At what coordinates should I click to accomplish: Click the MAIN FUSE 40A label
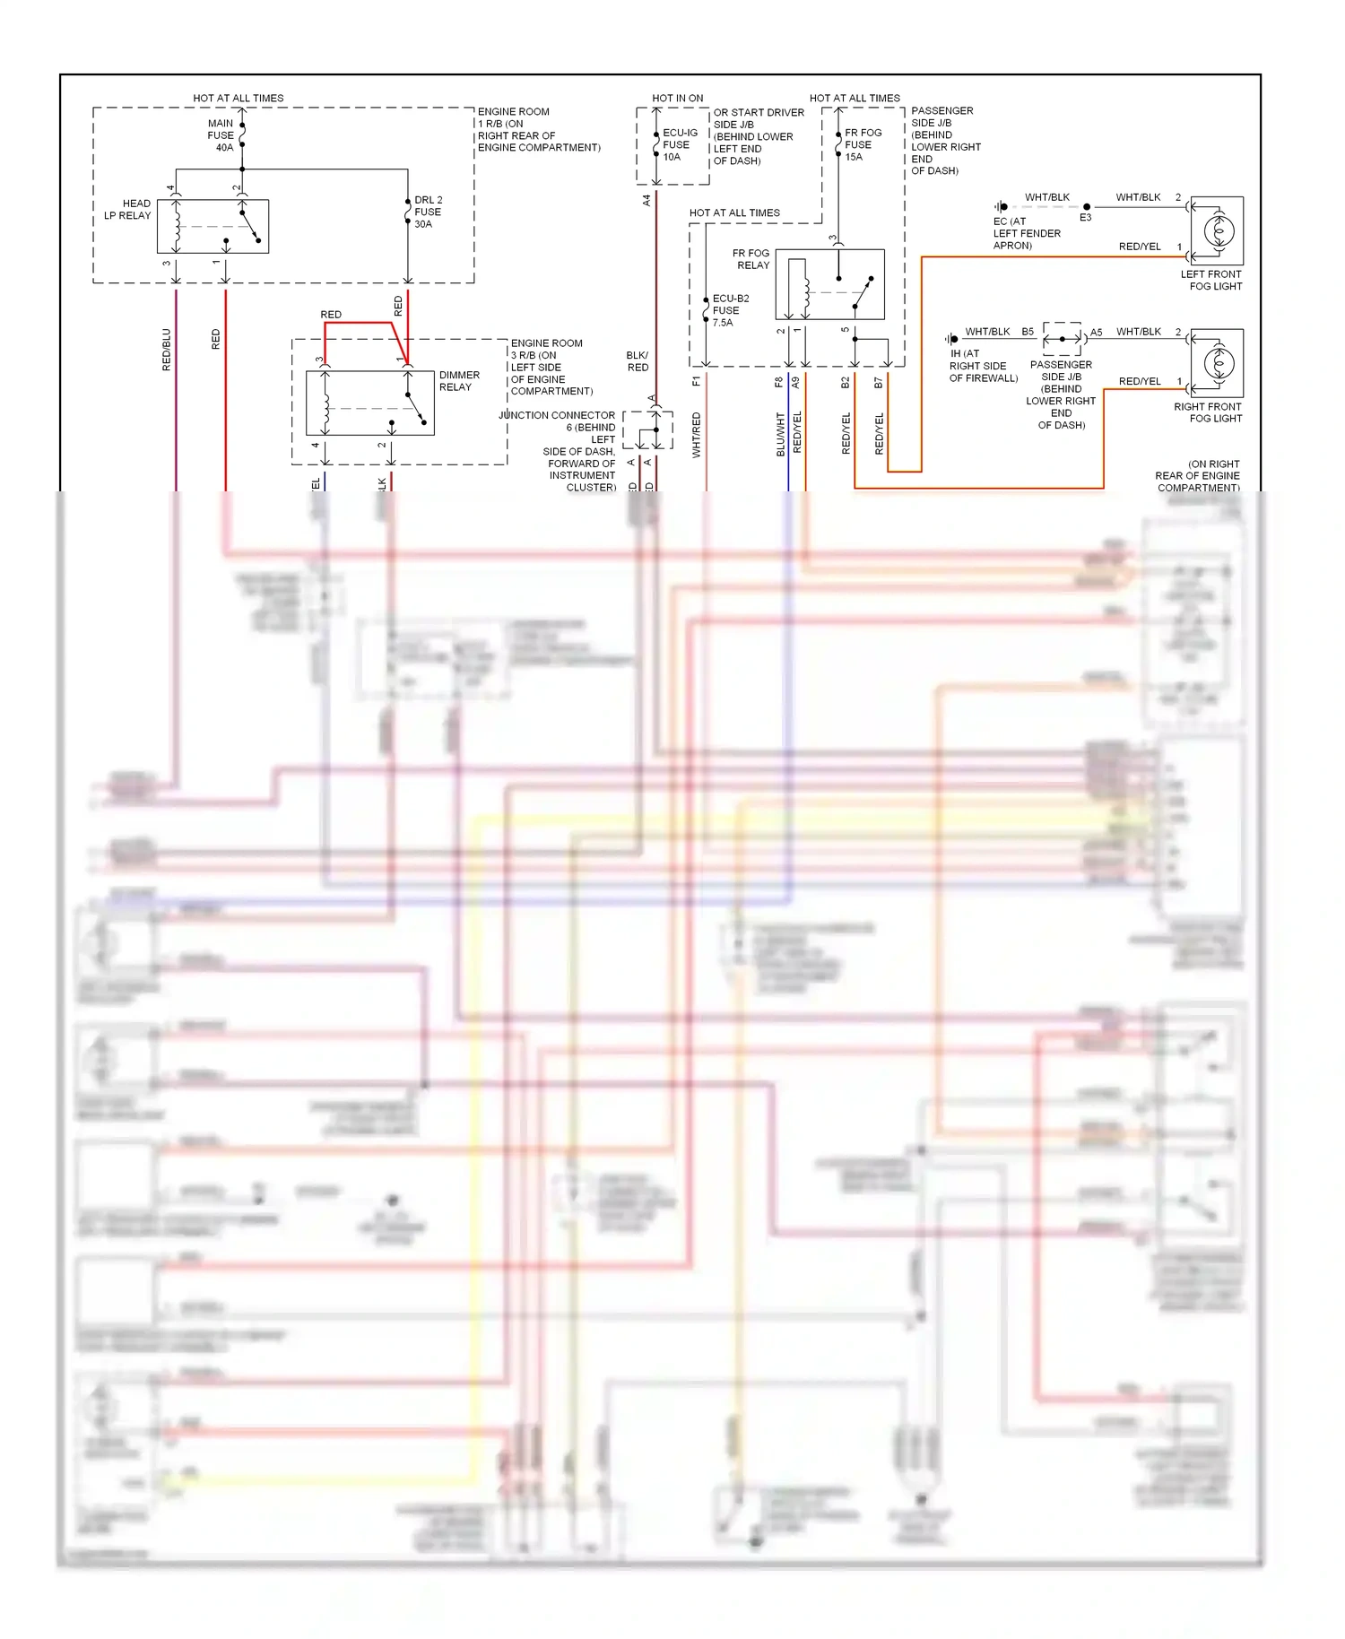(221, 135)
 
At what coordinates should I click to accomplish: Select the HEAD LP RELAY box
(213, 227)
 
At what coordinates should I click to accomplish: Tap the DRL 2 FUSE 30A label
(428, 212)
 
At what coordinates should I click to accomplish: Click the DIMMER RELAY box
(369, 403)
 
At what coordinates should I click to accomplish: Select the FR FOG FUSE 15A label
(862, 144)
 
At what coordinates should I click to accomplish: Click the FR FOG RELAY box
(829, 284)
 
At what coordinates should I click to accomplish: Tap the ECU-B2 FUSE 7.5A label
(729, 310)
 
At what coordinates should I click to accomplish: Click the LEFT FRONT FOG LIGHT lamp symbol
(1217, 231)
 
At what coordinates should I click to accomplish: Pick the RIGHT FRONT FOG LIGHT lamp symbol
(1217, 363)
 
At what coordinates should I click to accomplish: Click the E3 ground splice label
(1085, 218)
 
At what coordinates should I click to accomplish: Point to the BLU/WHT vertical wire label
(780, 435)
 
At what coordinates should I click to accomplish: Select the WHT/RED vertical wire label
(697, 435)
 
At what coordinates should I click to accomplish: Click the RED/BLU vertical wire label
(166, 350)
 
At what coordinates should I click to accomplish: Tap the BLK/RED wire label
(638, 361)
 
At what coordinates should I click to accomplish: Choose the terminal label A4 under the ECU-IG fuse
(646, 201)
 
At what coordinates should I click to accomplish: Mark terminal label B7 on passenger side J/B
(878, 383)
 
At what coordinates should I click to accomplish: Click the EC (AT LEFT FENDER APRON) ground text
(1026, 233)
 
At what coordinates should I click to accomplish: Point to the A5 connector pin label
(1096, 333)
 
